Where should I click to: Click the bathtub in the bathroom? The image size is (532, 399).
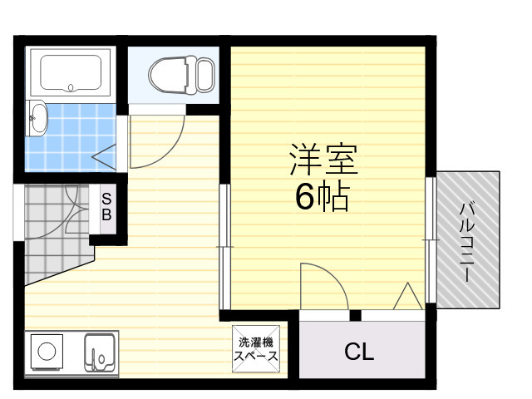[x=71, y=72]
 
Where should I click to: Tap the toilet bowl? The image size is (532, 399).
[x=168, y=75]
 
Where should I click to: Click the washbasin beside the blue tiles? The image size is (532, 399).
[x=37, y=118]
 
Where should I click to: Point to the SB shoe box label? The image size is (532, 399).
[x=106, y=207]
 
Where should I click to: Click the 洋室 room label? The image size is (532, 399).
[x=323, y=160]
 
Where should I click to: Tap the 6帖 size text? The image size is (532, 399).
[x=322, y=196]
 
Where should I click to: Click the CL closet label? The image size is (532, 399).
[x=359, y=352]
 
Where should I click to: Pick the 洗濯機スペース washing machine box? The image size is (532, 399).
[x=256, y=349]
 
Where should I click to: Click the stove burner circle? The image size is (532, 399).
[x=47, y=352]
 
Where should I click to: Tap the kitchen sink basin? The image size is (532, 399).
[x=100, y=352]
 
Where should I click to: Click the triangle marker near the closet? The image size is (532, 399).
[x=408, y=296]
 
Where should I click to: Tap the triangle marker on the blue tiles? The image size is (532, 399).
[x=104, y=157]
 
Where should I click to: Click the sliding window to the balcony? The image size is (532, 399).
[x=431, y=239]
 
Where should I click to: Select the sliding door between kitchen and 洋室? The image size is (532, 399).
[x=224, y=247]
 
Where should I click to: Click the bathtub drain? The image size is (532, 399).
[x=71, y=88]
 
